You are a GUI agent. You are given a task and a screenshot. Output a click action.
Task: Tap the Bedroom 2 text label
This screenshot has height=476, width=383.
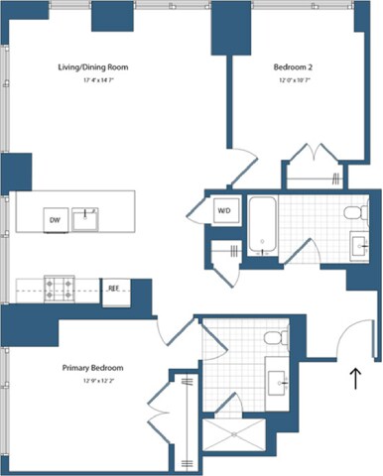pyautogui.click(x=293, y=67)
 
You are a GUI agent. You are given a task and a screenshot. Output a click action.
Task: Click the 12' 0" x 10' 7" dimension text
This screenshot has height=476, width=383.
pyautogui.click(x=293, y=80)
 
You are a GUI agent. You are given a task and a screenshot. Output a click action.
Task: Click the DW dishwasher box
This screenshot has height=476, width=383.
pyautogui.click(x=54, y=219)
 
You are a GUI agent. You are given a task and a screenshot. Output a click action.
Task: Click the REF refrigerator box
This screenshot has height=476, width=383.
pyautogui.click(x=114, y=290)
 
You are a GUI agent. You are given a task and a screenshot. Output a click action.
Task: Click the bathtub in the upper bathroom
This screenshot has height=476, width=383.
pyautogui.click(x=263, y=226)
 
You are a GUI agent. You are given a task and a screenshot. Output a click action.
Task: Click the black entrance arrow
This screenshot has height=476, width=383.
pyautogui.click(x=354, y=378)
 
